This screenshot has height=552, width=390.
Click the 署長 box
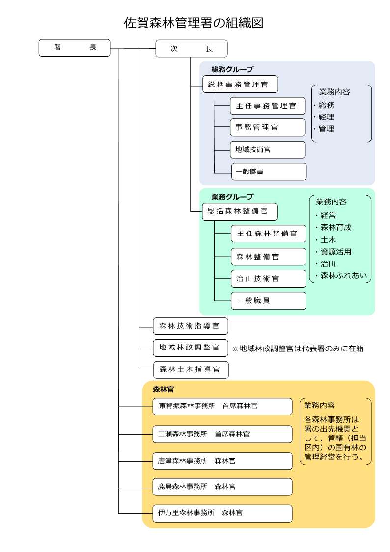74,48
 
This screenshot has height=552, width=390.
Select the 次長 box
191,49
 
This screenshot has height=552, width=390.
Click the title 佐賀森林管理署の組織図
194,23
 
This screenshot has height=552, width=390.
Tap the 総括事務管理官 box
240,85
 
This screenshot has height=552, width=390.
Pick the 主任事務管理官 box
267,106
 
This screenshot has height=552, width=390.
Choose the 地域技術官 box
267,149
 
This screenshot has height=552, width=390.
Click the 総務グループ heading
232,69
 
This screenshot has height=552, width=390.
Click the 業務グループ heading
232,197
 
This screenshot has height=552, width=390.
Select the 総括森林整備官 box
240,212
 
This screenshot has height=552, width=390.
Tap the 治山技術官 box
268,278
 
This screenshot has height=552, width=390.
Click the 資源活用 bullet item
335,251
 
